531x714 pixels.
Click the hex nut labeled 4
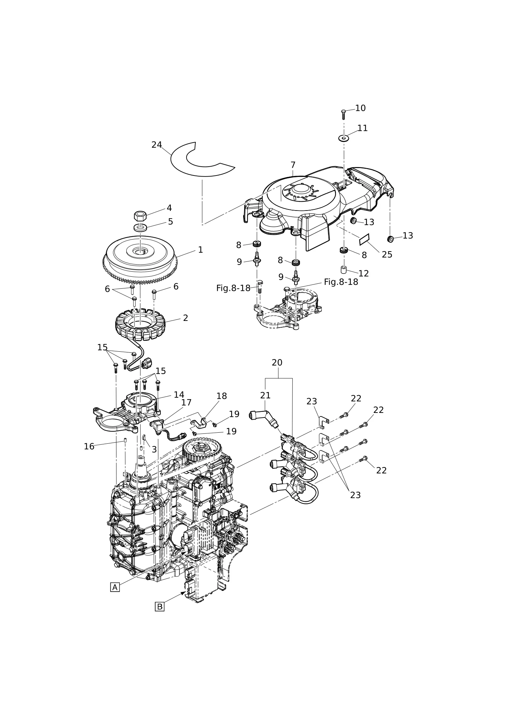(140, 215)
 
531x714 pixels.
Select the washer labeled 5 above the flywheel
(141, 227)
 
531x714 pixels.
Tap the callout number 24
(156, 145)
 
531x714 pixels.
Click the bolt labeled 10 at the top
(343, 115)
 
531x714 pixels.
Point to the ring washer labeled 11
(343, 138)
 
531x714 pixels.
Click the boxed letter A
(115, 587)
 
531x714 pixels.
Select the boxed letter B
(160, 607)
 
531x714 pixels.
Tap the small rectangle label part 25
(364, 240)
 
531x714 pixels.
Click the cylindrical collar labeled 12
(343, 270)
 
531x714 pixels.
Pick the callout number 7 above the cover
(293, 165)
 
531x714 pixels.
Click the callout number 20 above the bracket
(277, 363)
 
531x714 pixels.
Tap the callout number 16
(89, 447)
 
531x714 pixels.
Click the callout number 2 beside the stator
(185, 318)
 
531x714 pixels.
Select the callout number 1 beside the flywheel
(200, 250)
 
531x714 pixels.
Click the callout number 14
(179, 395)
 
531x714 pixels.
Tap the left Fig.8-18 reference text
(233, 288)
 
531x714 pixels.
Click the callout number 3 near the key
(154, 450)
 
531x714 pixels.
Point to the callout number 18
(222, 396)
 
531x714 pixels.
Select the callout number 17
(186, 403)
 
